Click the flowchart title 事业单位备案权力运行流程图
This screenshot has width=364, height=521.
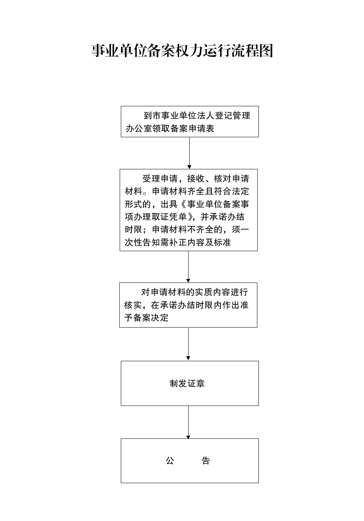point(182,50)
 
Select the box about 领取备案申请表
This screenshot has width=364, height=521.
point(190,122)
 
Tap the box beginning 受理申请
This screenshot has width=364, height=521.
point(188,210)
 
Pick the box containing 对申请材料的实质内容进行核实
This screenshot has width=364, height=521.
point(188,305)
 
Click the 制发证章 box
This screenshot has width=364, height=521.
point(190,383)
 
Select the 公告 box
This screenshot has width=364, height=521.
point(190,461)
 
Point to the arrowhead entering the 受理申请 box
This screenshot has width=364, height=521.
point(189,167)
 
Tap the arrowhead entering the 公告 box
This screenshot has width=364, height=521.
point(188,437)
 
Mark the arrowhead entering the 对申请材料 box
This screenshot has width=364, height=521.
point(188,281)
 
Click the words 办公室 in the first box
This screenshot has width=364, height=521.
point(139,128)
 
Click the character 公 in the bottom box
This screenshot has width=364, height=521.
point(170,461)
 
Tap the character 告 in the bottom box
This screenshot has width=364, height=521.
point(206,461)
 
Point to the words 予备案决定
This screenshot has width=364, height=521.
point(146,318)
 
